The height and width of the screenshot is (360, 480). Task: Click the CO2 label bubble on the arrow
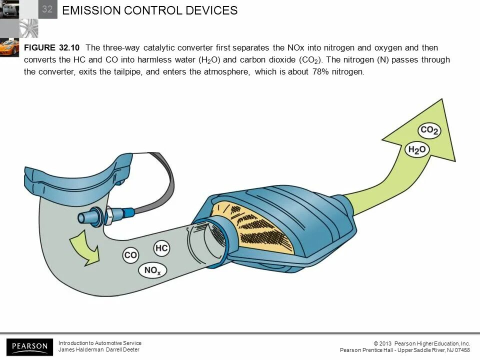tap(429, 131)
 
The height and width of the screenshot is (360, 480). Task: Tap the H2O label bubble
tap(417, 149)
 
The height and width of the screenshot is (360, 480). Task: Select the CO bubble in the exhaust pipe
tap(130, 255)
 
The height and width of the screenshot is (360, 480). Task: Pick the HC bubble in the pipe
tap(161, 248)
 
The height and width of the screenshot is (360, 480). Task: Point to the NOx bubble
tap(152, 271)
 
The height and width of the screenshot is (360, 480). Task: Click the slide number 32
tap(47, 9)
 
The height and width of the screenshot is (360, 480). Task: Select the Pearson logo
tap(29, 346)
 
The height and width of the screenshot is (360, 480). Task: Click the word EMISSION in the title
tap(92, 10)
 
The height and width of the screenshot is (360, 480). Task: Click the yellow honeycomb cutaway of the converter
tap(255, 227)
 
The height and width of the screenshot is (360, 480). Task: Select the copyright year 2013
tap(385, 343)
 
